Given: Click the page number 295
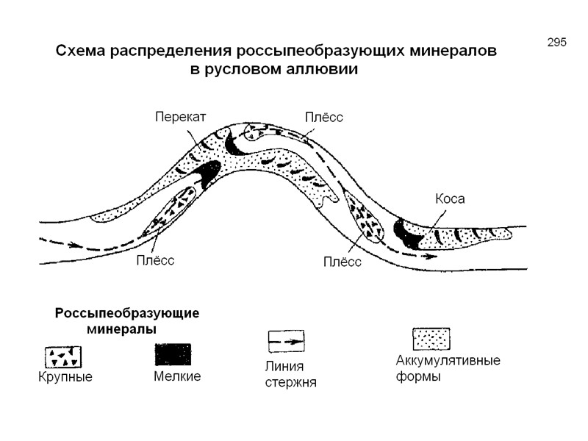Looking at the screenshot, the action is click(556, 42).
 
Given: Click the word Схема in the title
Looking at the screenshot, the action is click(83, 52).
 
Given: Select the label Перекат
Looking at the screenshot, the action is click(180, 116).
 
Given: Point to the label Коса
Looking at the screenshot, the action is click(451, 198).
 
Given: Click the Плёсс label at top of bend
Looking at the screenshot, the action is click(324, 117).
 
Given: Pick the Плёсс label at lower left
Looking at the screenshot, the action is click(155, 260).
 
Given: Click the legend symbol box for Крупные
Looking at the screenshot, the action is click(63, 356).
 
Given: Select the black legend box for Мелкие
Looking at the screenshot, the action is click(173, 354).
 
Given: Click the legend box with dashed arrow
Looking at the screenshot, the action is click(284, 341).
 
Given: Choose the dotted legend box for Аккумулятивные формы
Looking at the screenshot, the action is click(431, 339).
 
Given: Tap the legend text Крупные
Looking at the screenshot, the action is click(65, 378).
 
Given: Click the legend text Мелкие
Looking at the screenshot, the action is click(177, 377).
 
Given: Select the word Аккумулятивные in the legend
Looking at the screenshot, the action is click(448, 361).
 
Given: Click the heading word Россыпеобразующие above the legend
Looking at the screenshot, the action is click(127, 312).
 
